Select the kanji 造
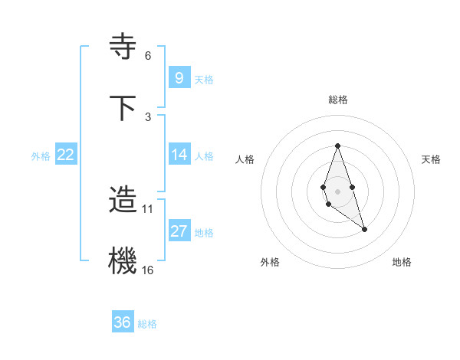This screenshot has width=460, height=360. (123, 200)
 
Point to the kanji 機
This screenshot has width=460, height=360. (123, 261)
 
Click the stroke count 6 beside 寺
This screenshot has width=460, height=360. (148, 55)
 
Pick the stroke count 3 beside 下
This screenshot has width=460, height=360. (148, 116)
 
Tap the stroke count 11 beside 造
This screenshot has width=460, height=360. (148, 208)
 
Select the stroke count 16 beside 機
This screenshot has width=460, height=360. (148, 270)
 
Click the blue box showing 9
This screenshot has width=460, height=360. (179, 77)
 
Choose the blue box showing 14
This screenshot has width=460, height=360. (179, 155)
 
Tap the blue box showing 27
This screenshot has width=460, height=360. (179, 231)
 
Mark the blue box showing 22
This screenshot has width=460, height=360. (66, 155)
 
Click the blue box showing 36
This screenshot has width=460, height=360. (123, 322)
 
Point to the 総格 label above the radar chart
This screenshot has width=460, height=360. (337, 100)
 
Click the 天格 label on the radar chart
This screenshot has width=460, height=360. (431, 159)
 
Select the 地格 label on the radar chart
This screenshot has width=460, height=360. (402, 262)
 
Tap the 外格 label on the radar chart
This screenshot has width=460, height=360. (270, 262)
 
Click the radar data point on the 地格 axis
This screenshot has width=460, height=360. (364, 229)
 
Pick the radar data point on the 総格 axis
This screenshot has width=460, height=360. (337, 146)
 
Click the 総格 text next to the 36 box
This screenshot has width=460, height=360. (147, 324)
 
